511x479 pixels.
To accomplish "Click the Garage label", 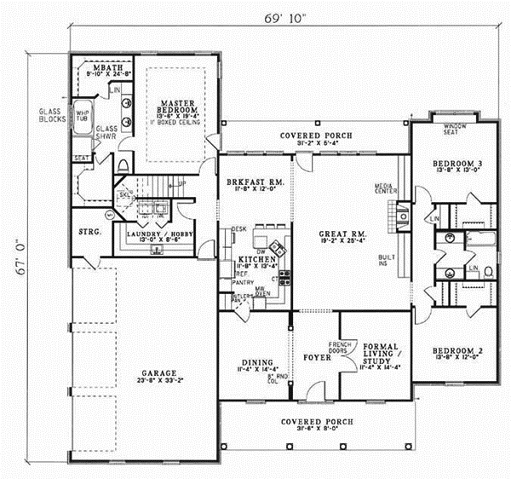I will tap(159, 373).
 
